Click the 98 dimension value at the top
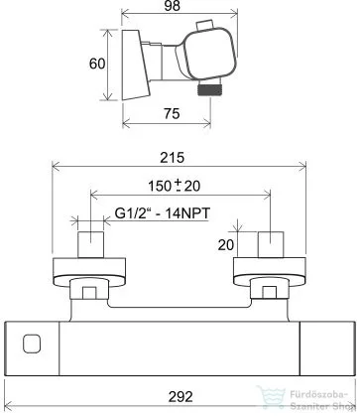(173, 6)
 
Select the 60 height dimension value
(97, 64)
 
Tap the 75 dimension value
(172, 114)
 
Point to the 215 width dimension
(173, 158)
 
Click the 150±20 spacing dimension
(175, 186)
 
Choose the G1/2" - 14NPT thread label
(163, 213)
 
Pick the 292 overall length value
(180, 397)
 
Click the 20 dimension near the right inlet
(226, 245)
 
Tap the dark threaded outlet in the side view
(209, 90)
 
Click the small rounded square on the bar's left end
(32, 344)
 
